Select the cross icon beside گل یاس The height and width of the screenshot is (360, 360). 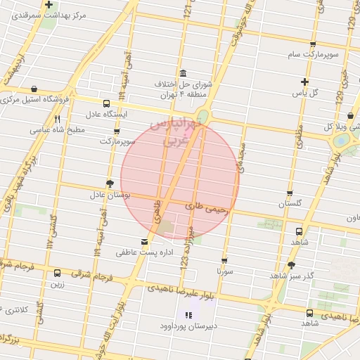click(x=304, y=82)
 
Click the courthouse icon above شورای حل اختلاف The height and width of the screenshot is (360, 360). click(x=183, y=74)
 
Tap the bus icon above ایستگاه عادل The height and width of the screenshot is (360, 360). click(x=106, y=102)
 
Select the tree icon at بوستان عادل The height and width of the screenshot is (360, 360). click(x=110, y=183)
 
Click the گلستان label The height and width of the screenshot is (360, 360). click(x=295, y=204)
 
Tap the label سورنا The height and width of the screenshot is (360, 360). click(x=224, y=270)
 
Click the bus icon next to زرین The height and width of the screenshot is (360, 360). click(x=57, y=273)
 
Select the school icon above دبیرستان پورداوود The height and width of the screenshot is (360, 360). click(x=188, y=314)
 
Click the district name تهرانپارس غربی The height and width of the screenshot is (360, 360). click(x=184, y=133)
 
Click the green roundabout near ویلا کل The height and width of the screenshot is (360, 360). click(x=342, y=140)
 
